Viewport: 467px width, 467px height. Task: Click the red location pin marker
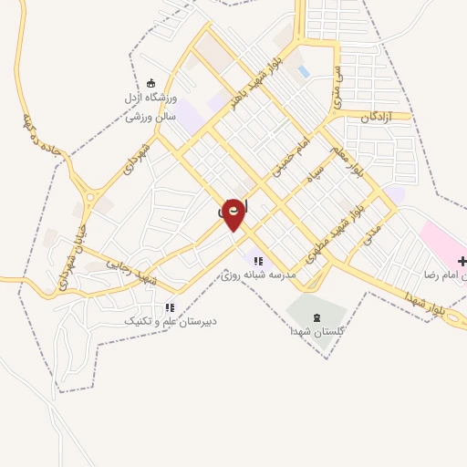point(234,213)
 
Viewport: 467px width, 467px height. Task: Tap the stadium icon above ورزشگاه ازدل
point(151,84)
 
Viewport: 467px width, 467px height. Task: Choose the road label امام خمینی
point(294,154)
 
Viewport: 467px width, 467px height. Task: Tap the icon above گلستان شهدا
point(317,317)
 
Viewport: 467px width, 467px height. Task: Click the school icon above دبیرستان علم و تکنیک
point(170,308)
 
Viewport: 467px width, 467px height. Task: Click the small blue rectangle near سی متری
point(304,71)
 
